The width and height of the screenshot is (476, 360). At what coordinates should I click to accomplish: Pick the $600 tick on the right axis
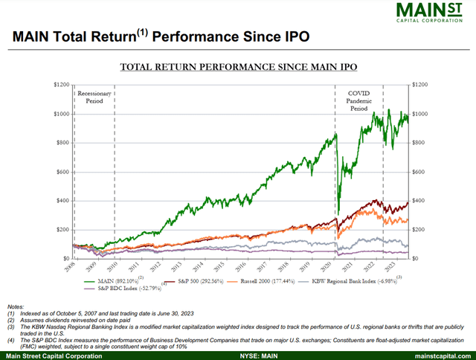point(422,172)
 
